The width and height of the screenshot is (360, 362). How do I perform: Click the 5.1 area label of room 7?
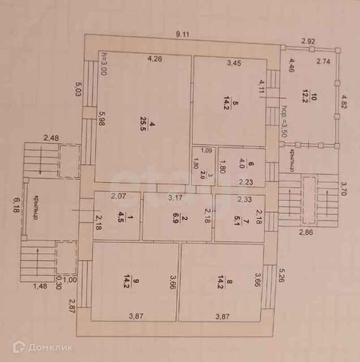pos(238,218)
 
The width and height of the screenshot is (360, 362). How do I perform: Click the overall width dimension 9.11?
pos(182,35)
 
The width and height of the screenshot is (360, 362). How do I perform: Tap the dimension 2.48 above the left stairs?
pos(52,138)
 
